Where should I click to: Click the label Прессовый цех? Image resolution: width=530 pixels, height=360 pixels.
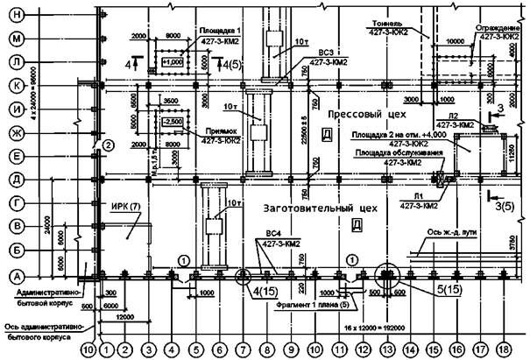pos(356,115)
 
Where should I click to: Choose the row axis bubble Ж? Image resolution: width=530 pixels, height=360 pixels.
pos(16,132)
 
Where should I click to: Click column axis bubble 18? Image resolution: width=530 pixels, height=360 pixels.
pos(502,349)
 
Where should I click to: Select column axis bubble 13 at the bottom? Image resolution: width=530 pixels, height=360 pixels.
pos(385,349)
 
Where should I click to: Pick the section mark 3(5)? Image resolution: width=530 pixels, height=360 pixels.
pos(504,206)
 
